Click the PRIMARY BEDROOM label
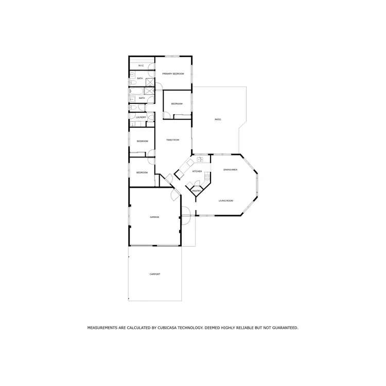(x=173, y=74)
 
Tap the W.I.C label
(x=140, y=65)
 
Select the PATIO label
(x=218, y=119)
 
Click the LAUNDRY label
(x=141, y=117)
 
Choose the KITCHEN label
(x=197, y=171)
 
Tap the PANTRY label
(x=197, y=191)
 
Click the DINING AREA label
(x=230, y=169)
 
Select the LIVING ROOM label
(x=226, y=201)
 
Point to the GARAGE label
(x=154, y=217)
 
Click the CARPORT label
(x=155, y=274)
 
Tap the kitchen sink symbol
(x=200, y=160)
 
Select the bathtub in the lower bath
(x=136, y=93)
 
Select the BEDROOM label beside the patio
(x=177, y=104)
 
